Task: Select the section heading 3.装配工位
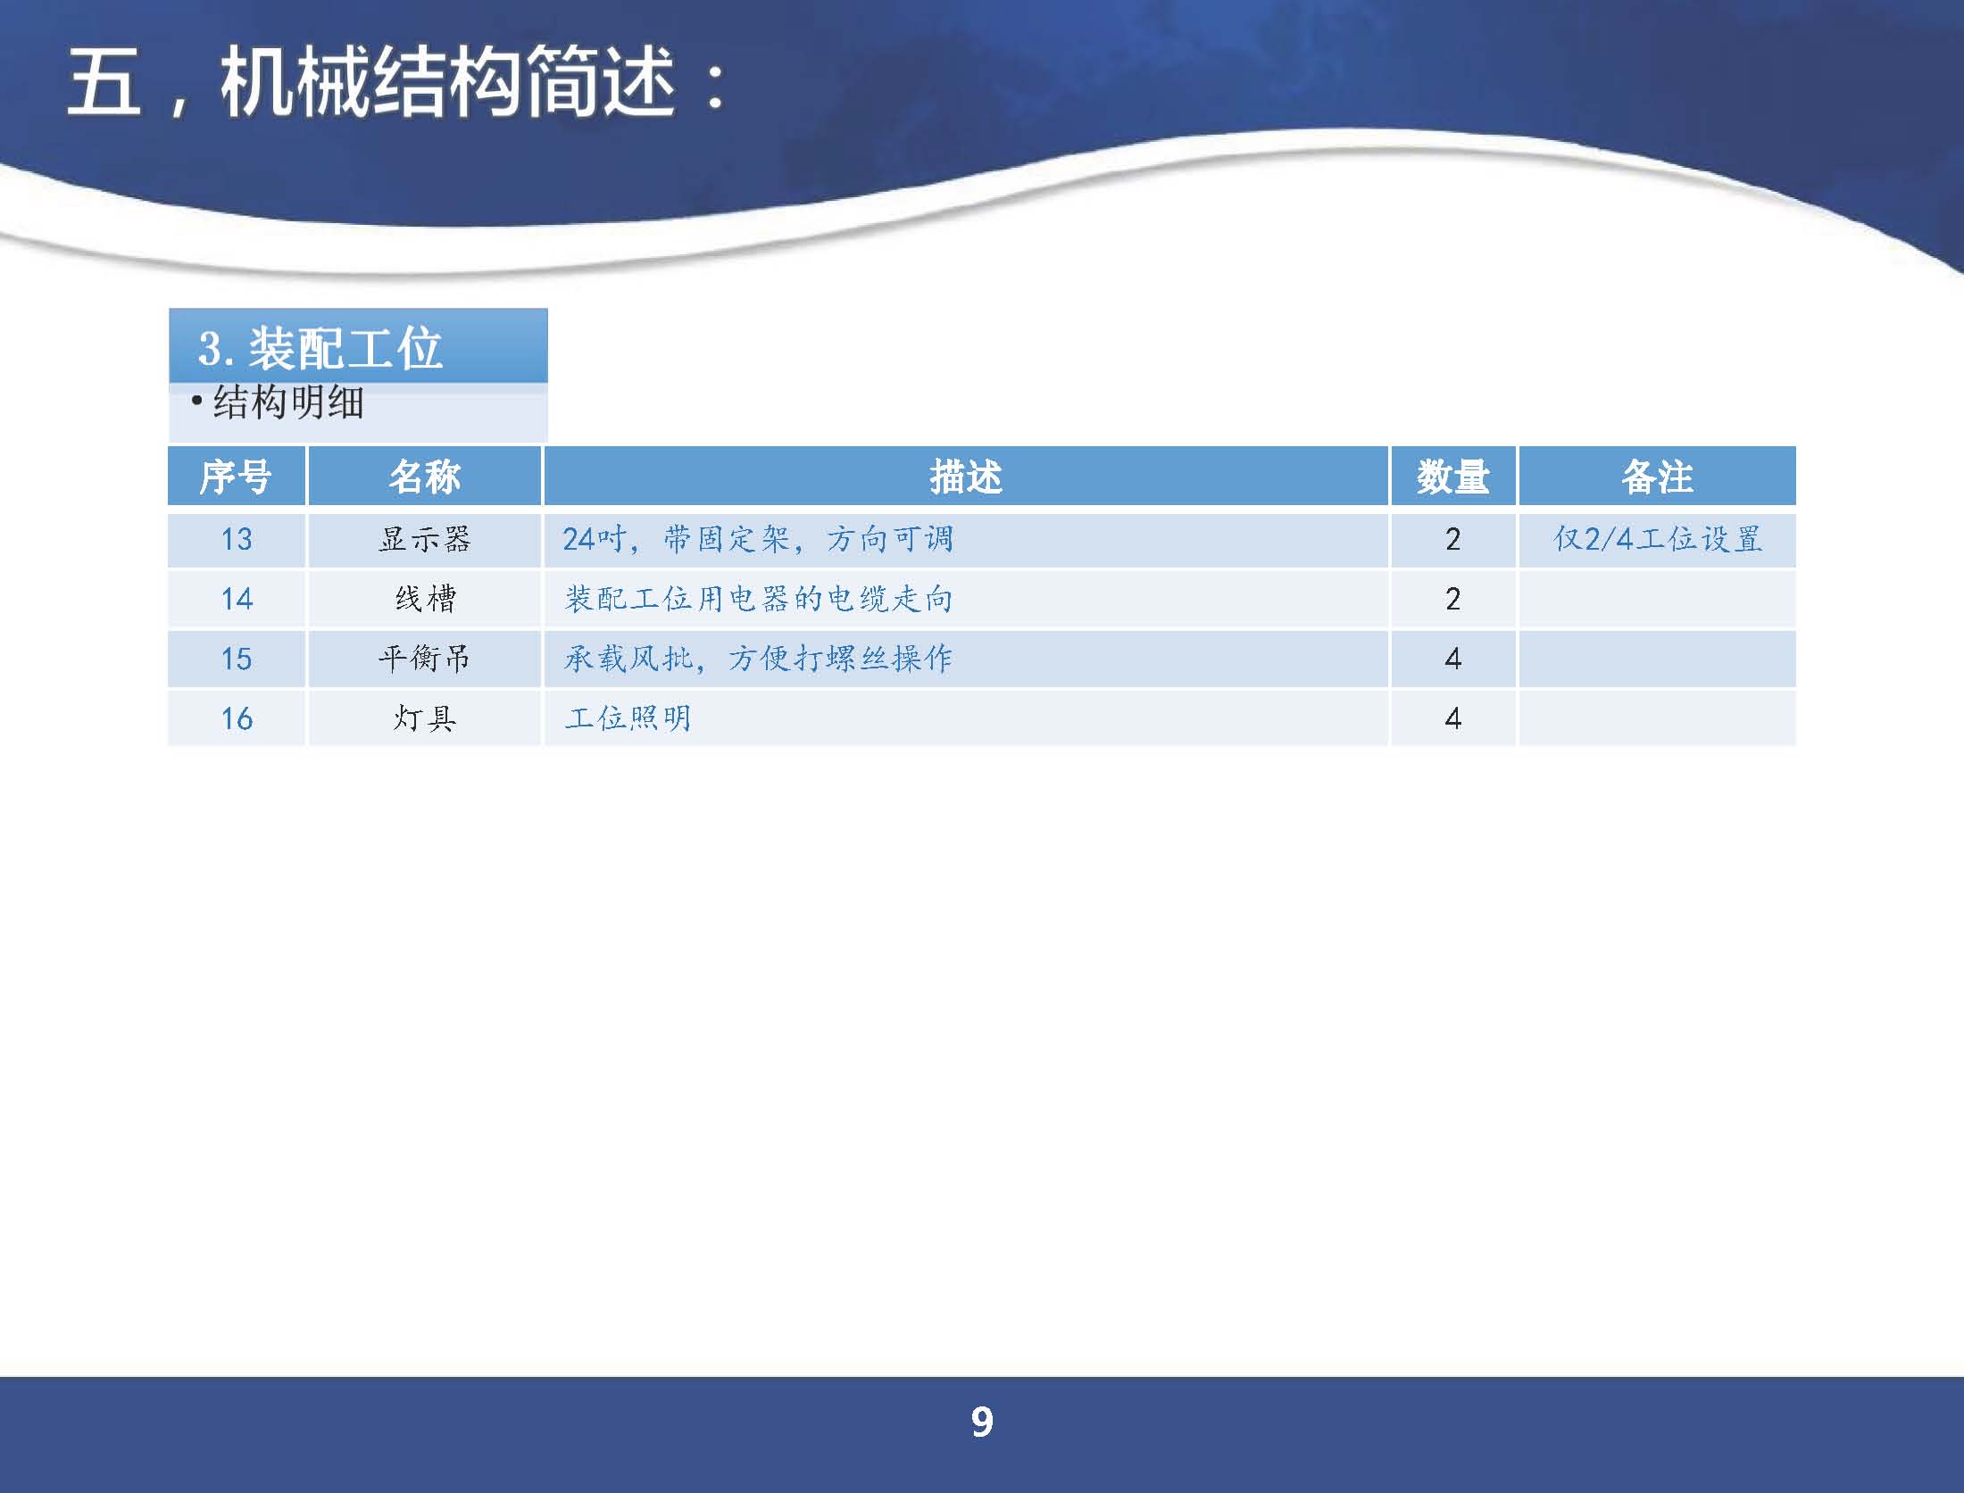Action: click(x=320, y=348)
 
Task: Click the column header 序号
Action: click(x=236, y=477)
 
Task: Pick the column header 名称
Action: click(x=424, y=477)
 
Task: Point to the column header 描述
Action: click(x=966, y=477)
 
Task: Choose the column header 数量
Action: click(x=1452, y=477)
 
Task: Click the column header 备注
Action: click(x=1657, y=477)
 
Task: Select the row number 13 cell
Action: click(x=237, y=539)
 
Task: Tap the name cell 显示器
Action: click(x=424, y=539)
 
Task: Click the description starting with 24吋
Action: click(x=758, y=539)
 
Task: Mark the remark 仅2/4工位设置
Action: click(x=1658, y=539)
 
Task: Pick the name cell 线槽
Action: click(x=425, y=599)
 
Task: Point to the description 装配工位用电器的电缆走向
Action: click(x=758, y=599)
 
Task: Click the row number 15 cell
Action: click(x=237, y=659)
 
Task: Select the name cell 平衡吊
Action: click(x=424, y=659)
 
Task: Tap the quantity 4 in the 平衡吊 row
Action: click(x=1452, y=659)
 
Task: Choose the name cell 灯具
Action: click(x=425, y=718)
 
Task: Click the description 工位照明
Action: click(x=628, y=718)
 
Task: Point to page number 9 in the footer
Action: click(x=982, y=1422)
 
